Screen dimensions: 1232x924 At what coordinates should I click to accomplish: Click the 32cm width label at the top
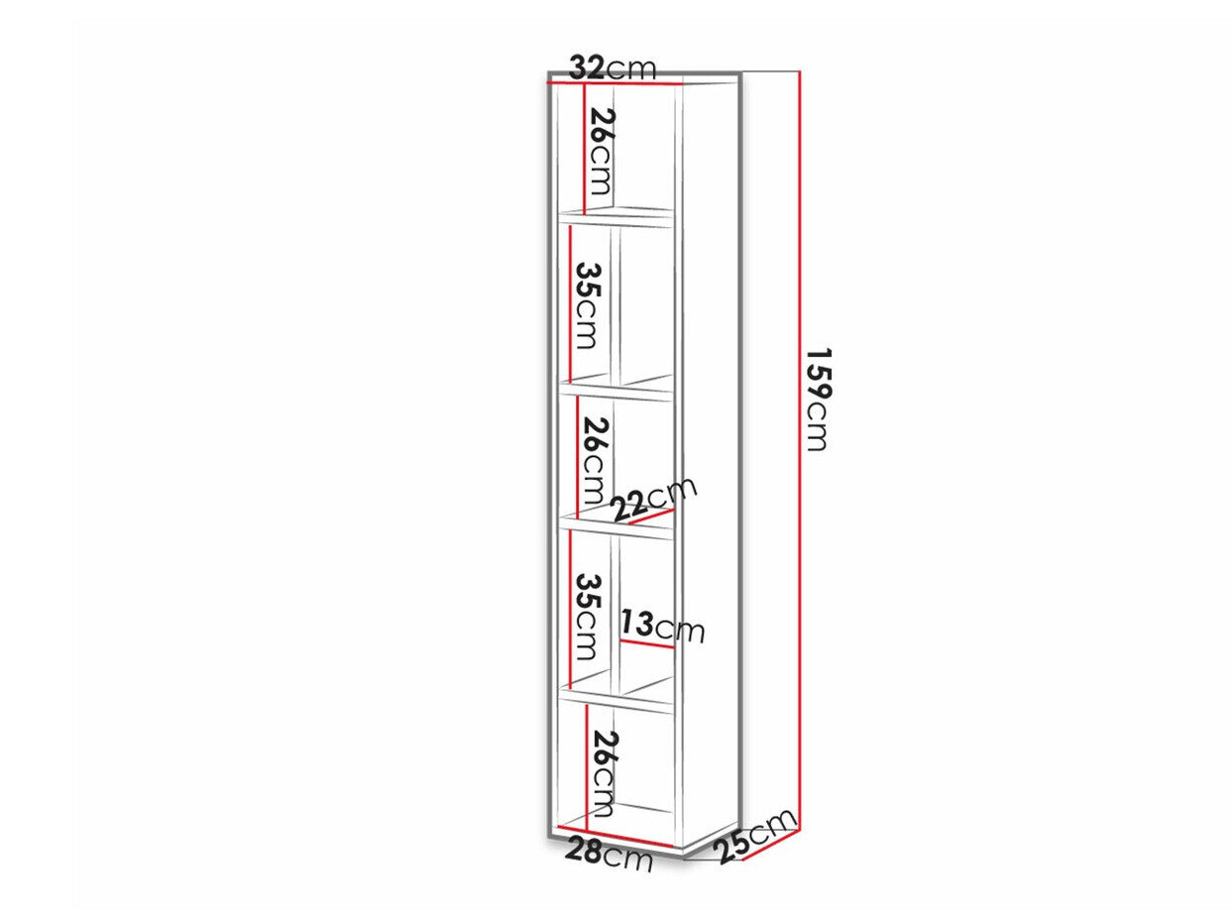(612, 68)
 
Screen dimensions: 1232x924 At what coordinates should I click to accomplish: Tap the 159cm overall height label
(818, 400)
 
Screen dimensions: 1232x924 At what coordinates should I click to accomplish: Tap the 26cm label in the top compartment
(599, 152)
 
